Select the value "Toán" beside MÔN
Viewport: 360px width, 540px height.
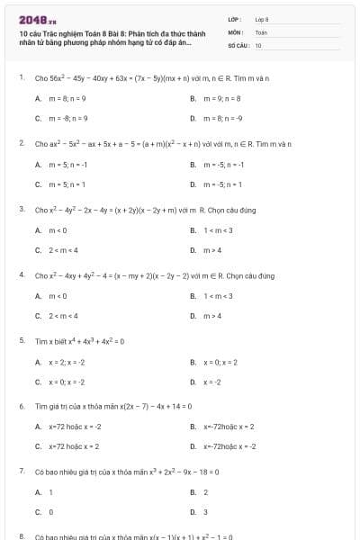[x=261, y=31]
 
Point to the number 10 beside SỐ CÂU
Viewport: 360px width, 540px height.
[x=258, y=44]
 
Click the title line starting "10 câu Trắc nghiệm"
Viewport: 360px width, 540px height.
[x=105, y=31]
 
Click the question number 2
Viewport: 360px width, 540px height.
[x=21, y=143]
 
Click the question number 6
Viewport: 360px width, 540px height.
[x=21, y=406]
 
